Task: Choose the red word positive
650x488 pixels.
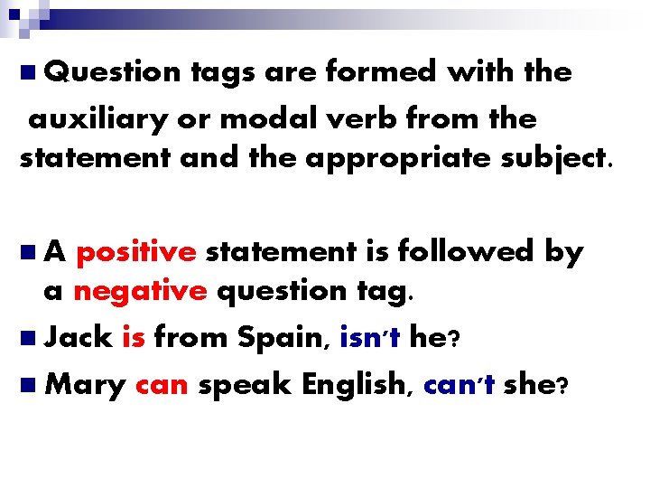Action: point(135,252)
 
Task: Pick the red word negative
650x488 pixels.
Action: point(140,292)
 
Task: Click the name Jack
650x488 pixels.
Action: point(77,338)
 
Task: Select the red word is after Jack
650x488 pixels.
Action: point(133,338)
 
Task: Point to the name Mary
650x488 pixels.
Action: point(85,385)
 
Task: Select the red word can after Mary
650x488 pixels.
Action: point(161,385)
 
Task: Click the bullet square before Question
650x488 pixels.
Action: point(28,70)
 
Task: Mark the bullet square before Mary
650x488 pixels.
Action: point(28,384)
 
